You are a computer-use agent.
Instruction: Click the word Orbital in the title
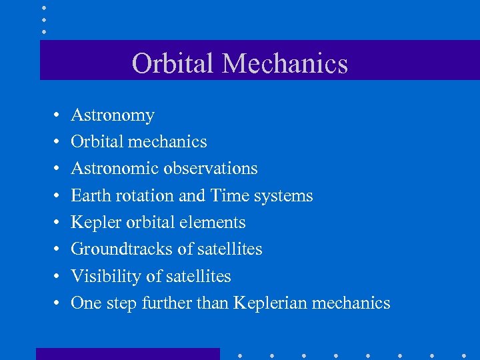(174, 63)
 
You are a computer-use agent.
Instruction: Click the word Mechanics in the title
(285, 63)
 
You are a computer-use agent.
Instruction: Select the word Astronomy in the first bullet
(112, 115)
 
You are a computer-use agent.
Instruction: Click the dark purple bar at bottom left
(127, 354)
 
